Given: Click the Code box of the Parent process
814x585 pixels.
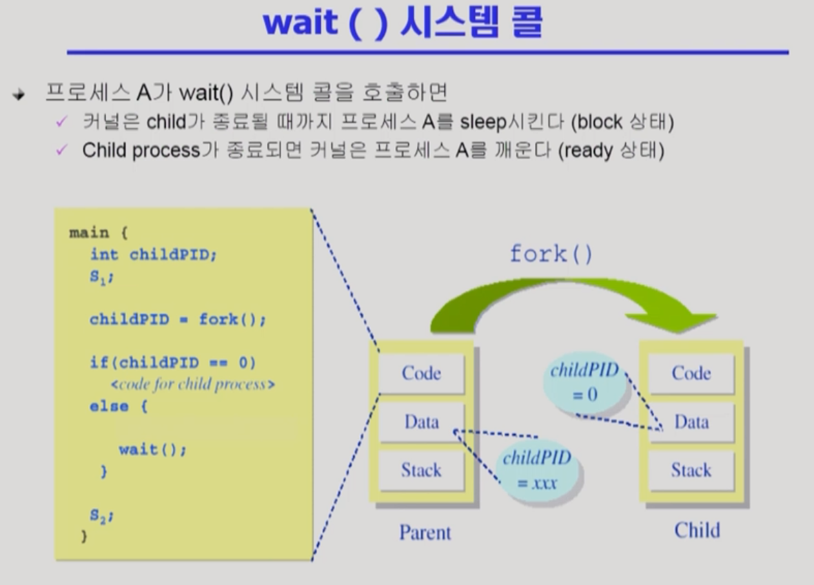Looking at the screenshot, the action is coord(422,373).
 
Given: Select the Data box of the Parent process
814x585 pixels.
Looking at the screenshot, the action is coord(422,422).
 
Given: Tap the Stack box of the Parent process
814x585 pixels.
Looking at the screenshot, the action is coord(422,471).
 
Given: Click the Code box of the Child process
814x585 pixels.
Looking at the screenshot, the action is coord(691,373).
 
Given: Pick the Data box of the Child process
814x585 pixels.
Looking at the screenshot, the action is coord(691,422).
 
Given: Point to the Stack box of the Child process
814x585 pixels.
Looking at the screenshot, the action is coord(691,471).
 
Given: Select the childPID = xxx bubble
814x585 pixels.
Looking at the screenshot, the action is coord(538,470).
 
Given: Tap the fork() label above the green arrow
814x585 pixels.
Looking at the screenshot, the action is coord(551,254).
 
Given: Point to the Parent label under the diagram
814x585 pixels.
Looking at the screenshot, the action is coord(425,533).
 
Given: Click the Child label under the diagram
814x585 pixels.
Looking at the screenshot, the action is coord(698,531).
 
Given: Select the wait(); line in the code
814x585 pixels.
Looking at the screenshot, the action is coord(152,449).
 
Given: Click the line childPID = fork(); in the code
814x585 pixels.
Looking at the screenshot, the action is coord(178,319).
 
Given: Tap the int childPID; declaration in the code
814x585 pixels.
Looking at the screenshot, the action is coord(153,254).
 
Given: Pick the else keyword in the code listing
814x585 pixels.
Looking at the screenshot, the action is coord(108,406).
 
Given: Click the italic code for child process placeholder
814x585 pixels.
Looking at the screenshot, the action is coord(192,384).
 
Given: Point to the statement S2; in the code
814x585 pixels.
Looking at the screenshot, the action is coord(101,515).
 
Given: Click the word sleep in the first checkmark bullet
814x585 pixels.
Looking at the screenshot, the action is coord(482,123).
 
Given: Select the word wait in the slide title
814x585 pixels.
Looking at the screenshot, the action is coord(301,23).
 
